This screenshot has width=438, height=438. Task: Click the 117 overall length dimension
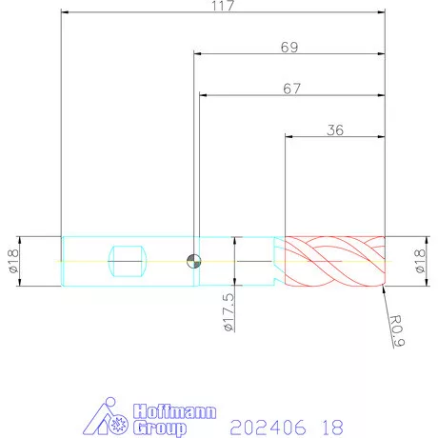[x=223, y=6]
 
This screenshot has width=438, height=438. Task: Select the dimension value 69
[x=289, y=48]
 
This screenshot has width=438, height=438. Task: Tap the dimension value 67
[x=291, y=89]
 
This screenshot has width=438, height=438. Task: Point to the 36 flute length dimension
[x=335, y=130]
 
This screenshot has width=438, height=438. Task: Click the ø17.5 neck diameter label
[x=229, y=312]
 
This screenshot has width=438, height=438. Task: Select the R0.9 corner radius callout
[x=397, y=330]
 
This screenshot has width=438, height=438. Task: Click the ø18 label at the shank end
[x=13, y=261]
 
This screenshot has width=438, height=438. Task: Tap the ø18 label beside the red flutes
[x=420, y=261]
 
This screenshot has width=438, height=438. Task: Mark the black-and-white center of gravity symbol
[x=193, y=261]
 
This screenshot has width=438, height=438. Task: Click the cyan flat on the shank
[x=128, y=261]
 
